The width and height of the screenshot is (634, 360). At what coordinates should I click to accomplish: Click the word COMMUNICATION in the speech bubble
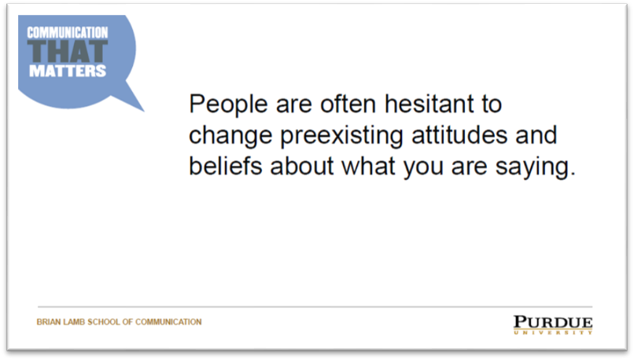(x=68, y=33)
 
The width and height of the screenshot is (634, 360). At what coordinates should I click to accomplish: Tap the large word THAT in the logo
(x=68, y=51)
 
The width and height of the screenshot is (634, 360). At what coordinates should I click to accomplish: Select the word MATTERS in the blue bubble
(x=68, y=71)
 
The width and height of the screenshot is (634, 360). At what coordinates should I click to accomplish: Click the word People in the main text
(x=228, y=105)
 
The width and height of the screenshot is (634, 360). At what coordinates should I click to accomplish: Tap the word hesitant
(x=429, y=104)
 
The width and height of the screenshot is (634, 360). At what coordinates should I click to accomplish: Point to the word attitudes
(x=459, y=135)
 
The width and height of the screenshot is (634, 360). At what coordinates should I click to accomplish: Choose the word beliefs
(x=226, y=166)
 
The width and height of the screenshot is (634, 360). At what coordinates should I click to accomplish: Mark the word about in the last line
(x=302, y=166)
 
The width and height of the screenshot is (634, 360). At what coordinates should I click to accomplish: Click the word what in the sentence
(x=368, y=166)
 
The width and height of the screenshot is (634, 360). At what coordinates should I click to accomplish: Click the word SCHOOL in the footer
(x=104, y=322)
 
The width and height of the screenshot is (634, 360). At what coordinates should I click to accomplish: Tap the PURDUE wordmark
(x=553, y=322)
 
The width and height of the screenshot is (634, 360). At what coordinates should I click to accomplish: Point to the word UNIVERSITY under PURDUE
(x=553, y=332)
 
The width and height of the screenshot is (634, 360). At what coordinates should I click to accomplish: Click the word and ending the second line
(x=536, y=135)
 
